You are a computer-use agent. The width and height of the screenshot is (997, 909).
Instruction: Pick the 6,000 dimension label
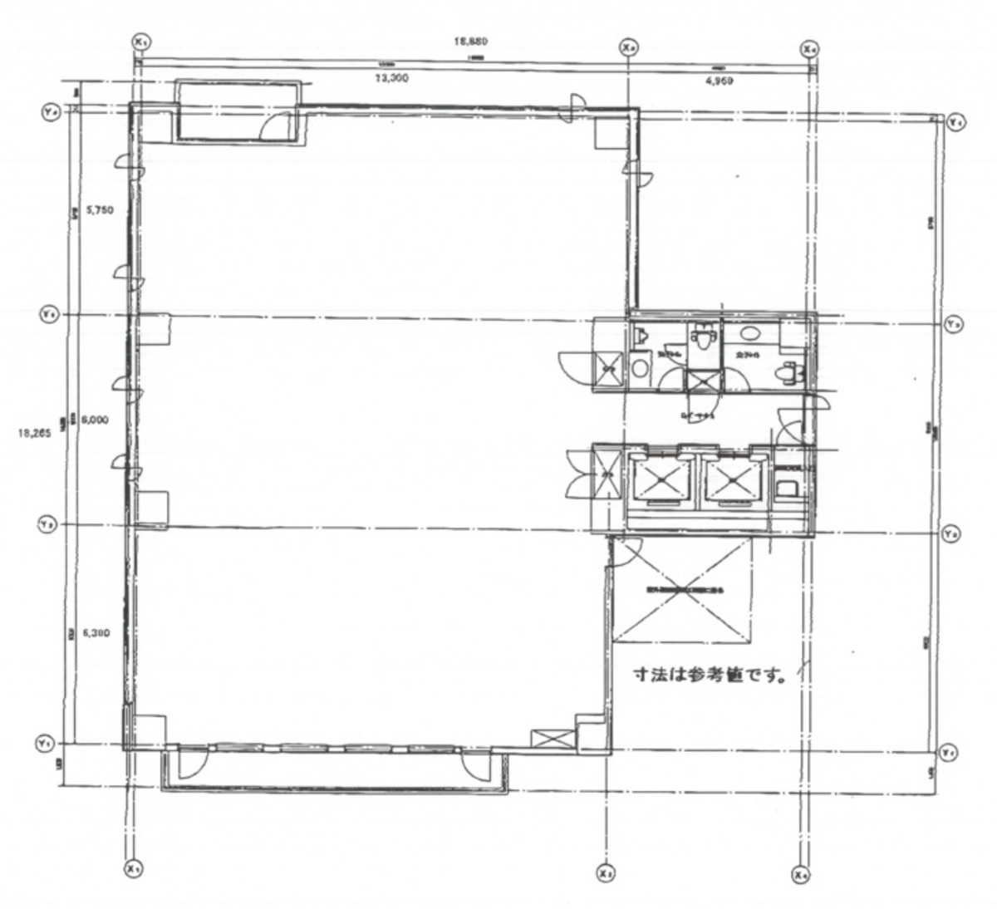tap(96, 420)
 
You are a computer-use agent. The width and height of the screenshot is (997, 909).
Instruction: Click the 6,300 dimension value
tap(96, 632)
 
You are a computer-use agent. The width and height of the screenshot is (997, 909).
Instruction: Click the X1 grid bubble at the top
tap(141, 41)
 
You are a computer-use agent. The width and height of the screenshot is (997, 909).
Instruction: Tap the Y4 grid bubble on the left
tap(49, 111)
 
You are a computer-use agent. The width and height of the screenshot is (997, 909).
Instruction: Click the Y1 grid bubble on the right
tap(947, 752)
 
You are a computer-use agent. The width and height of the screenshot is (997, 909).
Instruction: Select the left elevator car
tap(661, 480)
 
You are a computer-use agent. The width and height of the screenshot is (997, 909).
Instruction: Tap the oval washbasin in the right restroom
tap(751, 333)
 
